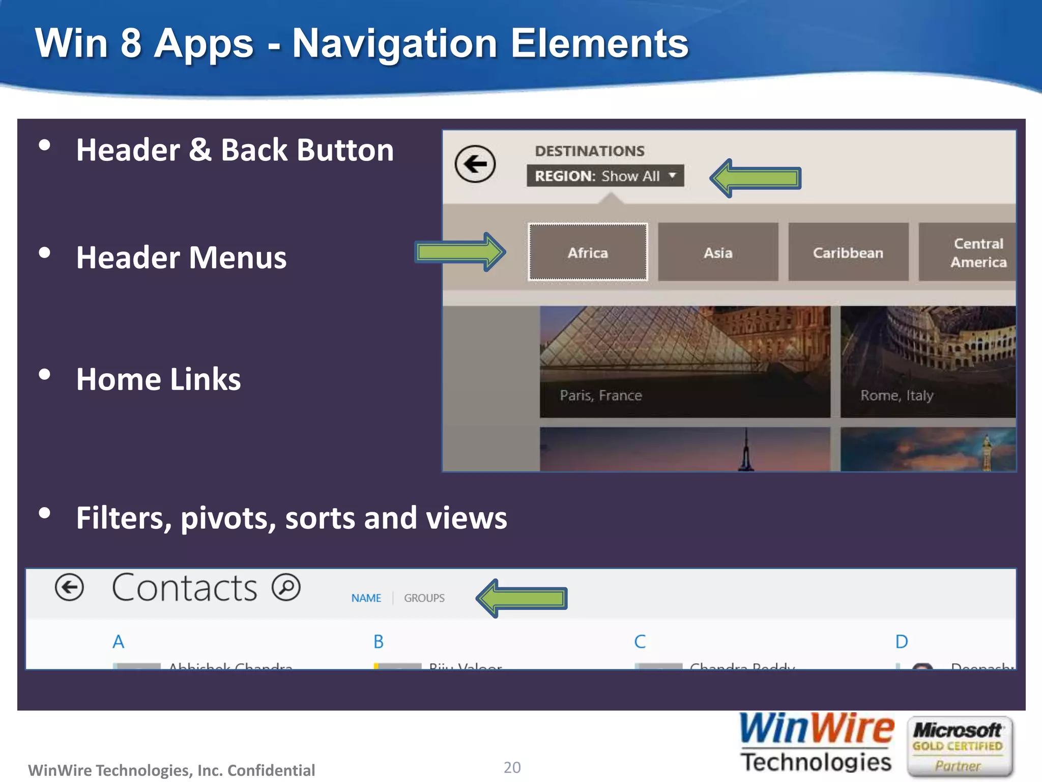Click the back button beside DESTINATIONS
point(475,164)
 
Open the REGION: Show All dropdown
point(605,176)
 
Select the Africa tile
point(588,252)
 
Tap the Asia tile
point(718,252)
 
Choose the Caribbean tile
point(848,252)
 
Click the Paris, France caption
point(601,396)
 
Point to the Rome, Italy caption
point(896,396)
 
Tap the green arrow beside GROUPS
point(522,598)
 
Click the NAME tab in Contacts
point(366,598)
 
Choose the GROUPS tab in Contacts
point(424,598)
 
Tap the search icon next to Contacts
point(286,587)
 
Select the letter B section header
point(379,641)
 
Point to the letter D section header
point(902,641)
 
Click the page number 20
point(512,767)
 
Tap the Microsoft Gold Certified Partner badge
point(959,746)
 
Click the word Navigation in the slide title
point(395,44)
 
